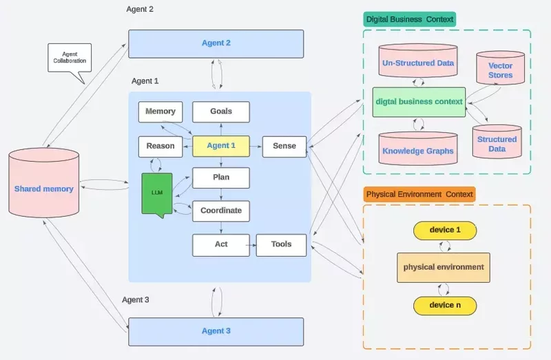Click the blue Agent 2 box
tap(216, 43)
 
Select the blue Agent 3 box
tap(216, 331)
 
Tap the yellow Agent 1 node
tap(220, 146)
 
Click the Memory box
tap(160, 112)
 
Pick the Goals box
tap(220, 112)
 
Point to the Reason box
tap(160, 146)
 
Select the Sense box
tap(284, 146)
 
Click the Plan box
tap(220, 178)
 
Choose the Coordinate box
tap(220, 211)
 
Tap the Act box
tap(220, 244)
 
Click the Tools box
tap(281, 244)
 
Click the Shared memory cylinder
tap(44, 189)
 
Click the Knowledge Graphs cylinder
tap(418, 149)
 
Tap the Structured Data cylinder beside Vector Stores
tap(496, 142)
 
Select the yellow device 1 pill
tap(444, 230)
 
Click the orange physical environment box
tap(443, 267)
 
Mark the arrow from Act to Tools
tap(252, 244)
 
